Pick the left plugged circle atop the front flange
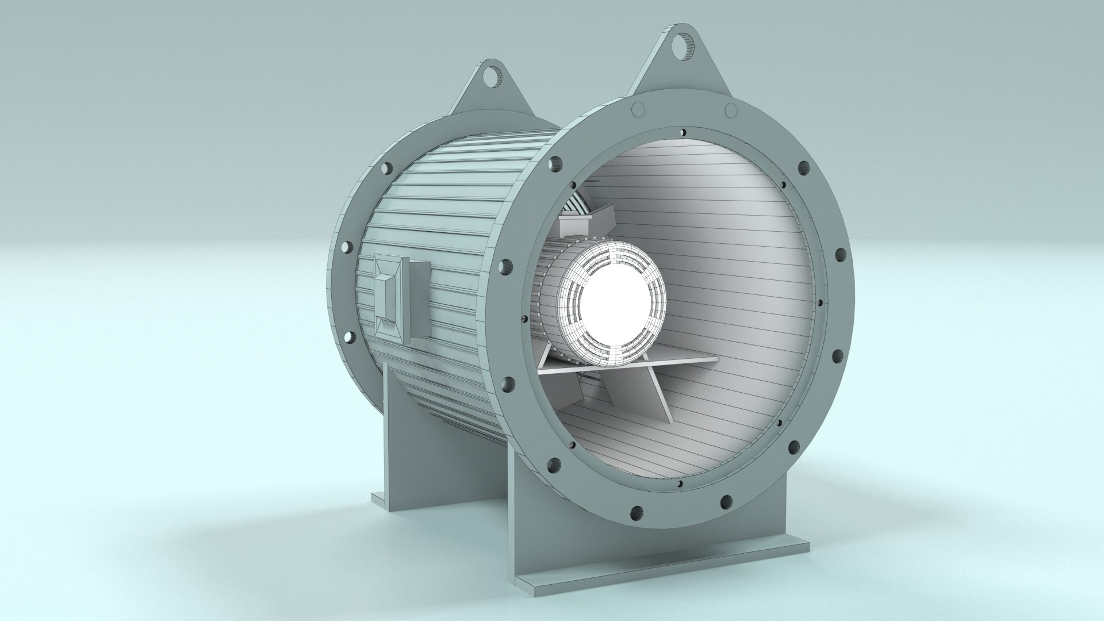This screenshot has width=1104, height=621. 637,109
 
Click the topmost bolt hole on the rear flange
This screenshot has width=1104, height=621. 385,168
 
